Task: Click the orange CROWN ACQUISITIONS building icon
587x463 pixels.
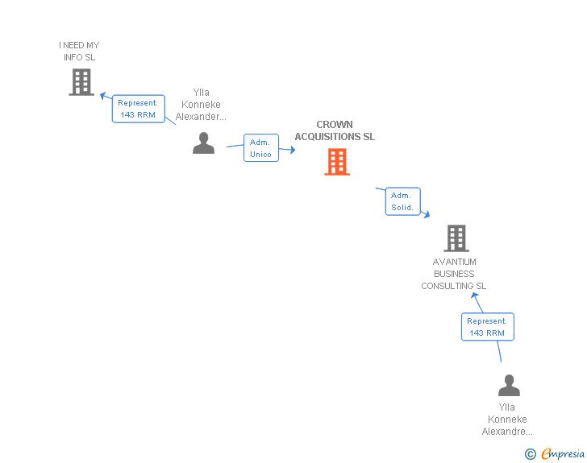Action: pos(337,162)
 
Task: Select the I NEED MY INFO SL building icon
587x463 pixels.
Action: pos(81,82)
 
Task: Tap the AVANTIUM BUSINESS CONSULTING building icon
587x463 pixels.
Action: pos(456,238)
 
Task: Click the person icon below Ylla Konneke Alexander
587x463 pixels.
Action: pos(203,143)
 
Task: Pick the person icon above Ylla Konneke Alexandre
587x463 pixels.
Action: pos(509,386)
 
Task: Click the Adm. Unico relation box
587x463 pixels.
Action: pos(261,148)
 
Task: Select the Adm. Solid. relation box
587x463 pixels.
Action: pos(402,201)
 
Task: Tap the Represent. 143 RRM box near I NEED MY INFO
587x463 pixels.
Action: pos(138,109)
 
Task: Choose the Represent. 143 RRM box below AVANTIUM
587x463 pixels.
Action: pos(487,327)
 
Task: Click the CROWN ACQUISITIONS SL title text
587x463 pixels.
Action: pos(335,131)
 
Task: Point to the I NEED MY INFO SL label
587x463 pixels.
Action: pos(79,52)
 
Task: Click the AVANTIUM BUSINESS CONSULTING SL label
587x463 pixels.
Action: pos(454,274)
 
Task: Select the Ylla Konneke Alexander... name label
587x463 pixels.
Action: pos(201,105)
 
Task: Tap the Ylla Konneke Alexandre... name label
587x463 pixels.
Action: pos(507,420)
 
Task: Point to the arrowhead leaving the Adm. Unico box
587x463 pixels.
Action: pos(292,151)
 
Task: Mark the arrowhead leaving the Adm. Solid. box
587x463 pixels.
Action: pos(426,213)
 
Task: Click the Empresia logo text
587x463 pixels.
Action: pos(563,454)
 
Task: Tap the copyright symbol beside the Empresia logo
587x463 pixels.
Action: pos(530,454)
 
